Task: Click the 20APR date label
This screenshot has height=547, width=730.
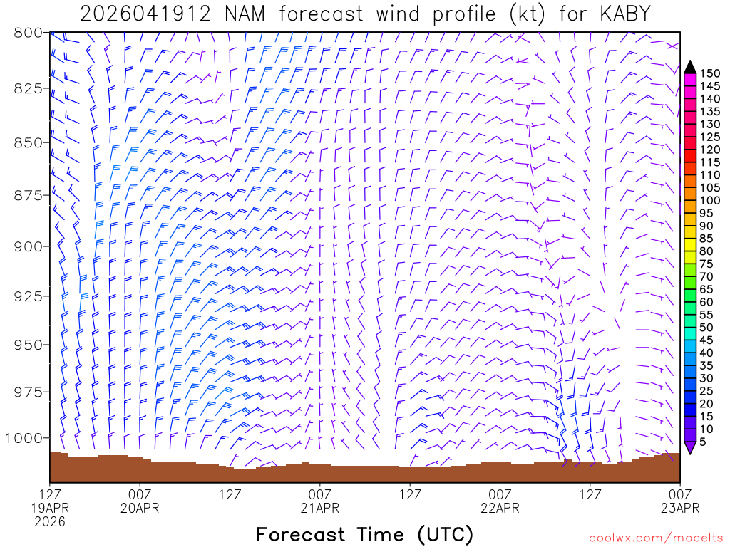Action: coord(140,508)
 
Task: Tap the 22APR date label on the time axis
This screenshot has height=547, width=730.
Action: coord(500,508)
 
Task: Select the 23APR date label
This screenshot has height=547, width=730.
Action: coord(680,508)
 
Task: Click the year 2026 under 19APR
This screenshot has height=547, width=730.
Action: coord(49,521)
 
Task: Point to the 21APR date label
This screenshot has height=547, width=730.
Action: coord(319,508)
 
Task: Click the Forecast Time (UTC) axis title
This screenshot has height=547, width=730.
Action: coord(364,534)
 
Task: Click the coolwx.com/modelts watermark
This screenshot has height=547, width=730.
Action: coord(655,537)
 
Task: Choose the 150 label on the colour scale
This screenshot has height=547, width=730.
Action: coord(710,73)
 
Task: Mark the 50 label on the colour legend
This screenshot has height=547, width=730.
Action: coord(706,327)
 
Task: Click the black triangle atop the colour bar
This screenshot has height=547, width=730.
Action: coord(689,67)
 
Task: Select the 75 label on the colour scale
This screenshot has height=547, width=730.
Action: coord(706,264)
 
